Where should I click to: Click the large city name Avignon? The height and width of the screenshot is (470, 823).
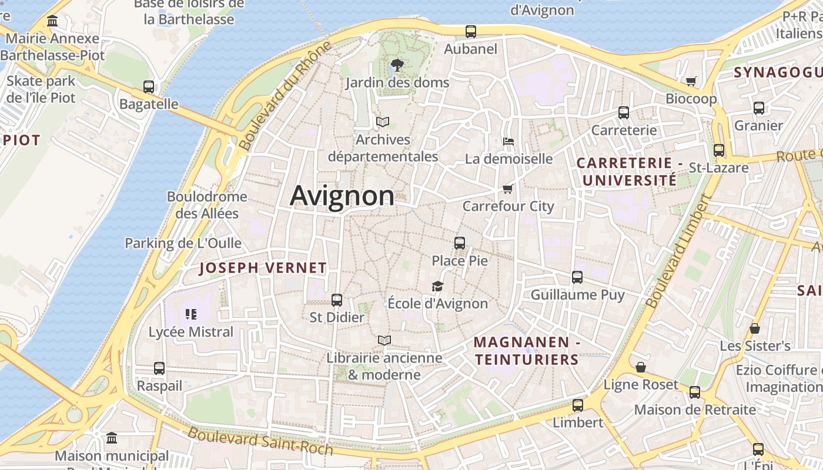tap(342, 196)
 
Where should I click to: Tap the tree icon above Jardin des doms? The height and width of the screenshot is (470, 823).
tap(397, 65)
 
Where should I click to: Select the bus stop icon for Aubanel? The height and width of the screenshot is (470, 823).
tap(470, 32)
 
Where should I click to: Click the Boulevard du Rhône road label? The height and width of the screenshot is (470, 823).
tap(278, 105)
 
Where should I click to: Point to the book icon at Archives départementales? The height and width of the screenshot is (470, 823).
tap(383, 122)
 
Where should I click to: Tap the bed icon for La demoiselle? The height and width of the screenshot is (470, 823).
tap(508, 141)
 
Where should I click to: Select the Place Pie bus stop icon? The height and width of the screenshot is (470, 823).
tap(460, 243)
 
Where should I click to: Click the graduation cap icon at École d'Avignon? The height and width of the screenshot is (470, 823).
tap(437, 286)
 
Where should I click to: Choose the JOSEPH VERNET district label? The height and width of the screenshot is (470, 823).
tap(263, 268)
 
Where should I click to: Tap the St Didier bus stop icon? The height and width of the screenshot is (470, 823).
tap(337, 300)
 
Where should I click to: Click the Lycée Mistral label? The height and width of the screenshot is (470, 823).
tap(191, 332)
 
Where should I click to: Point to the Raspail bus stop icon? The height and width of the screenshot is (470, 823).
tap(159, 368)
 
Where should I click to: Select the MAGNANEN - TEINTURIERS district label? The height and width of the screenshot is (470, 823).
tap(527, 351)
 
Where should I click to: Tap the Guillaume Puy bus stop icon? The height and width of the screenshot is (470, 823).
tap(577, 277)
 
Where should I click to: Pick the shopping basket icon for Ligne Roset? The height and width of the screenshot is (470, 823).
tap(641, 367)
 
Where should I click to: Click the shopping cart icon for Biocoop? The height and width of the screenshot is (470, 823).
tap(691, 81)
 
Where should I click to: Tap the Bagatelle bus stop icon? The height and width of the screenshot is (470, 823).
tap(149, 87)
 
